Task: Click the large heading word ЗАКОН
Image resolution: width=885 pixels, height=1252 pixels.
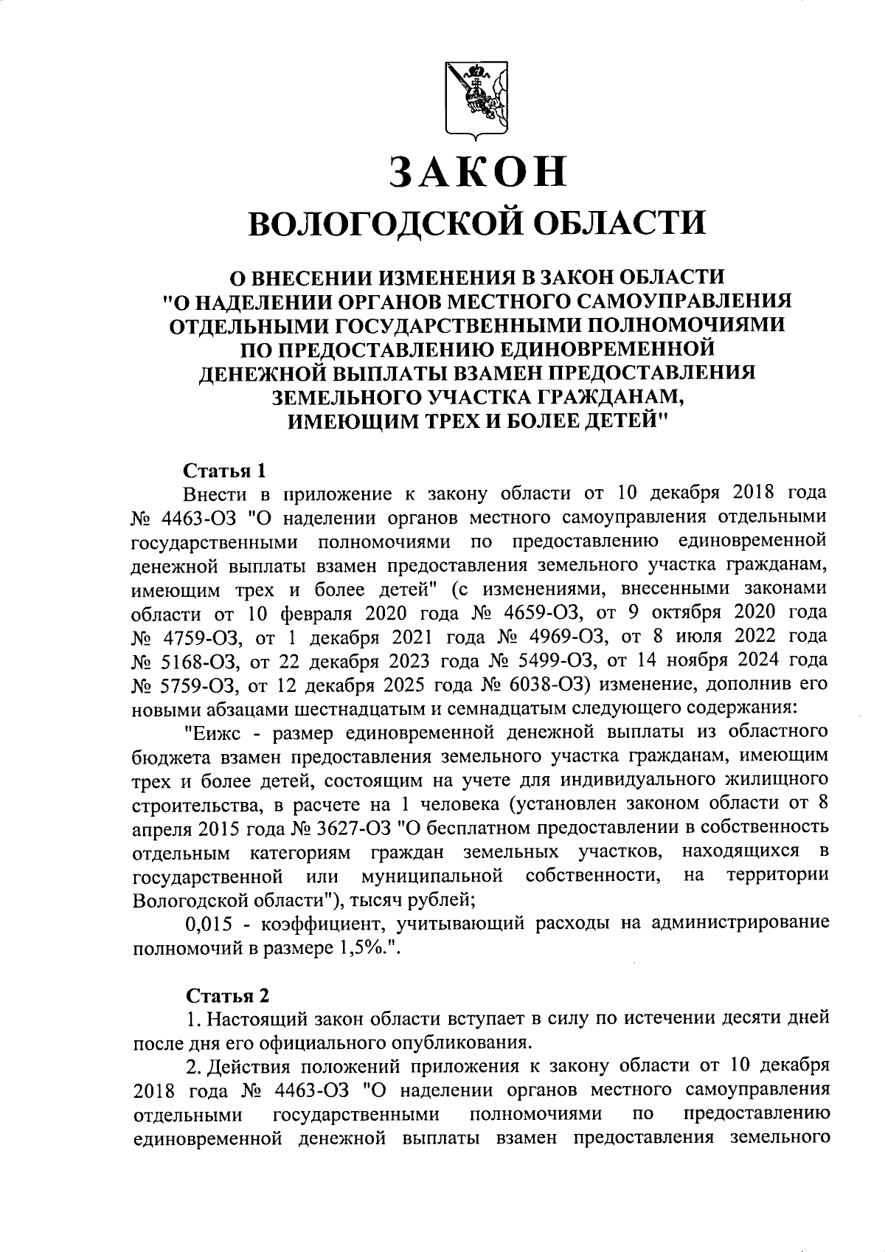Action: pyautogui.click(x=477, y=171)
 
